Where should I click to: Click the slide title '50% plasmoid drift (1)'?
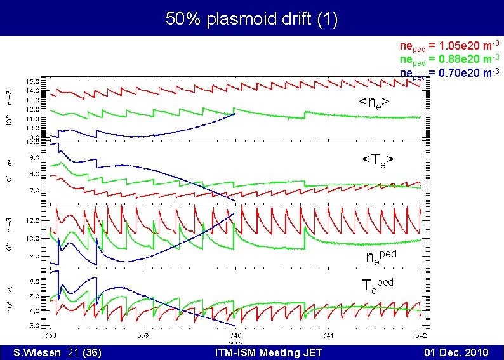252,19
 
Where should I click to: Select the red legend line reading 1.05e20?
449,46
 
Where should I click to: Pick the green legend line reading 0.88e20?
449,59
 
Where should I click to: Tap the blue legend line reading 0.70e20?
449,72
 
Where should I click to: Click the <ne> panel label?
374,102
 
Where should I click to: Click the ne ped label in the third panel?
381,257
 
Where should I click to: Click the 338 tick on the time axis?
50,334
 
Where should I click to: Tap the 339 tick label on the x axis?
142,334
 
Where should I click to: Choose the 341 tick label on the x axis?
328,334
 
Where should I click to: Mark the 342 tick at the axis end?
420,334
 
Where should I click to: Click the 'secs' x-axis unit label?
235,340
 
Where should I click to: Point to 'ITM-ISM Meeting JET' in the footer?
269,352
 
